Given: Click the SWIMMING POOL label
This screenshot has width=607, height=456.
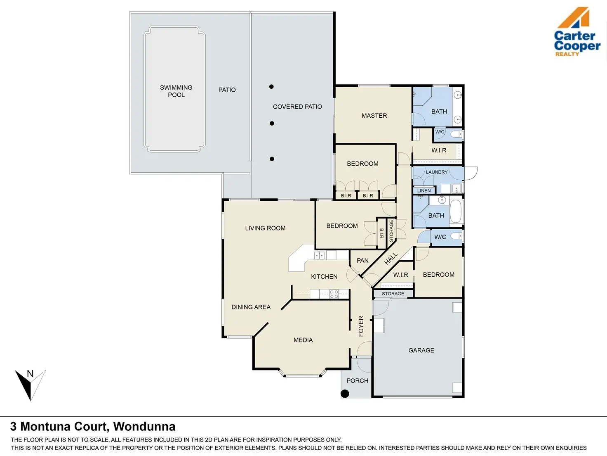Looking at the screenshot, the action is [176, 91].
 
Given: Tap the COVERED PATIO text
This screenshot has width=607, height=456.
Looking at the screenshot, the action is [297, 107].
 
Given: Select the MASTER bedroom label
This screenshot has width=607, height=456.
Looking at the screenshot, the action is [374, 116].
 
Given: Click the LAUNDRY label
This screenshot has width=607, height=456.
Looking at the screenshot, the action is [437, 172].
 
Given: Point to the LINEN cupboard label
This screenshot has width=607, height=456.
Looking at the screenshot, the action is [424, 190].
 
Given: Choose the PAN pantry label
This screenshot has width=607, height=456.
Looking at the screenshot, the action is [362, 261].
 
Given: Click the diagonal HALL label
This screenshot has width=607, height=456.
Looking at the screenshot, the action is [391, 259].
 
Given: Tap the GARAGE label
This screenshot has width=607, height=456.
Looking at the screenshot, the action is [421, 350].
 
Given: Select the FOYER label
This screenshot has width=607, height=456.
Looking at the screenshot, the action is [361, 326].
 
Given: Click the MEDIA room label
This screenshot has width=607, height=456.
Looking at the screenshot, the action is [303, 340].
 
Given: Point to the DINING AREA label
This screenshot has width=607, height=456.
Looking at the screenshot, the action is [251, 307].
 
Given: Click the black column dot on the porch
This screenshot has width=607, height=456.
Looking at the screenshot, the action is [345, 394].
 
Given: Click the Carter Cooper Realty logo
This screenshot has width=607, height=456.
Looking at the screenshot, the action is [577, 32].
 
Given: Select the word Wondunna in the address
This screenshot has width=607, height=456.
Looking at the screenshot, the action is [144, 427].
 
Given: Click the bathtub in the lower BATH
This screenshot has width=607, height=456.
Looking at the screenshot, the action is [456, 211].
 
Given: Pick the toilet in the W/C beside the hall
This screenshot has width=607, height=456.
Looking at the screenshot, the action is [456, 236].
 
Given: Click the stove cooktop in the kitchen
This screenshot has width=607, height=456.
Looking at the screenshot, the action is [334, 294].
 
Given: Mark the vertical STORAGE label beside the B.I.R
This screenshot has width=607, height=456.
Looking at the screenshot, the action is [391, 231].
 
